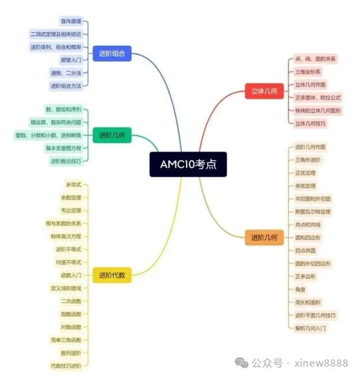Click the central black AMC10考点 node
[x=188, y=164]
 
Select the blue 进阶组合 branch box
[x=112, y=54]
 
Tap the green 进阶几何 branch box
[x=112, y=135]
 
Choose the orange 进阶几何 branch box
[x=264, y=238]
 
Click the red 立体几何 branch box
[x=264, y=91]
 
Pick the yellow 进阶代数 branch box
[x=112, y=275]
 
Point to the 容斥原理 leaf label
[x=71, y=21]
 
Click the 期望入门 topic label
[x=71, y=60]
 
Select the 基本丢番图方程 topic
[x=64, y=148]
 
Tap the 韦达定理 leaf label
[x=71, y=211]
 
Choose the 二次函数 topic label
[x=71, y=301]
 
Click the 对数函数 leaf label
[x=71, y=327]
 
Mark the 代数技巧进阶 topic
[x=66, y=366]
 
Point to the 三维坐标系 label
[x=308, y=72]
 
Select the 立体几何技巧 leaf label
[x=310, y=123]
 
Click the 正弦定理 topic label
[x=305, y=173]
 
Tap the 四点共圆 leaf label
[x=305, y=251]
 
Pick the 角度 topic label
[x=300, y=290]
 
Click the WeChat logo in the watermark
[x=242, y=363]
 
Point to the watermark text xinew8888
[x=321, y=363]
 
